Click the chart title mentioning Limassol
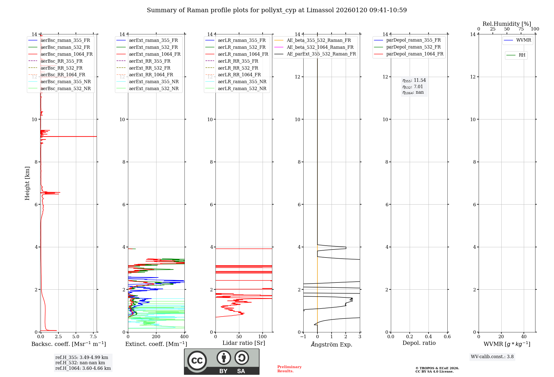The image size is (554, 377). [x=277, y=10]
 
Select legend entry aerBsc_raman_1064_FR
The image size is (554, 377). [x=66, y=54]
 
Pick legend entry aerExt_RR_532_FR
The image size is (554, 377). [x=150, y=68]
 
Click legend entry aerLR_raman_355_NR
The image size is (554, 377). [x=242, y=81]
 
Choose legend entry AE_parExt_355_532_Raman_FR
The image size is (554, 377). [x=321, y=54]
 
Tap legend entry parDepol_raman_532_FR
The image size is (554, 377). [x=413, y=47]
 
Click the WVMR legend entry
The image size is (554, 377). [x=524, y=40]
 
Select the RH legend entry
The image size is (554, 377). [x=522, y=55]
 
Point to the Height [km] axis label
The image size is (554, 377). [x=27, y=183]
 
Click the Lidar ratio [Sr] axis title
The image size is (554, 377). [x=244, y=343]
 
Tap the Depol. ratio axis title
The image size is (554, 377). [x=419, y=343]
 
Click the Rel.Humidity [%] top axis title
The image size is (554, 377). [x=507, y=24]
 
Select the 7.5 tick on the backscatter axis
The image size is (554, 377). [x=93, y=337]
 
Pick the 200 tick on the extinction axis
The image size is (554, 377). [x=156, y=337]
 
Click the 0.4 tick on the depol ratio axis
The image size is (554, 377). [x=428, y=337]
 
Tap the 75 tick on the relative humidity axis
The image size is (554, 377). [x=521, y=29]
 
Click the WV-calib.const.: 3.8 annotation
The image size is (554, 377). [x=492, y=357]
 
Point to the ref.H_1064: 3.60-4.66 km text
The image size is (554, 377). [x=83, y=368]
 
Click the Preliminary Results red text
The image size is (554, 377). [x=289, y=369]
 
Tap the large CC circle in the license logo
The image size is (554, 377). [x=197, y=361]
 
